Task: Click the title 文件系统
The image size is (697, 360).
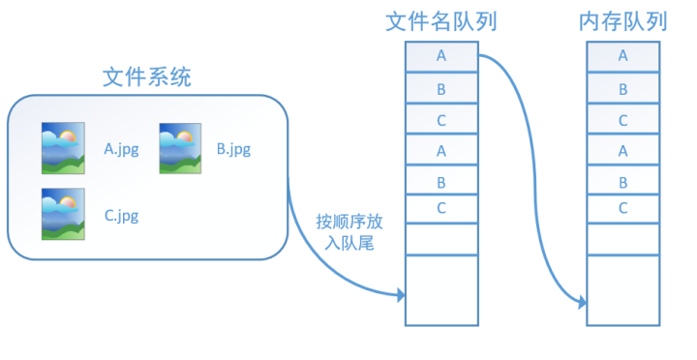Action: point(147,78)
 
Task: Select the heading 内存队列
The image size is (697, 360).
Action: point(622,21)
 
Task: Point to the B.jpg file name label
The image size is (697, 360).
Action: point(234,149)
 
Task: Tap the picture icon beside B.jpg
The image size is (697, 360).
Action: point(179,148)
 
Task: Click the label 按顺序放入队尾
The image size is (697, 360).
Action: point(345,233)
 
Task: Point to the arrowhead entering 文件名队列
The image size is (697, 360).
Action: point(400,293)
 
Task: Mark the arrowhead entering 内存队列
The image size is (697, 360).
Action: point(582,303)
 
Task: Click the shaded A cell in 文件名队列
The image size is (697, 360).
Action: point(441,57)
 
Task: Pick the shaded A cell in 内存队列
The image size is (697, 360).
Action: point(622,57)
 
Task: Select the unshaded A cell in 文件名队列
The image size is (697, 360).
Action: point(441,150)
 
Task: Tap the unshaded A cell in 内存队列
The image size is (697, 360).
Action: point(622,150)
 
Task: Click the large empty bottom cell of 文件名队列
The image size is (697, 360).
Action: point(441,289)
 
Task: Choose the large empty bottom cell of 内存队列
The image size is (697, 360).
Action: point(622,289)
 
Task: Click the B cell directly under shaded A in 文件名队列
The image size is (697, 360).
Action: point(441,89)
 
